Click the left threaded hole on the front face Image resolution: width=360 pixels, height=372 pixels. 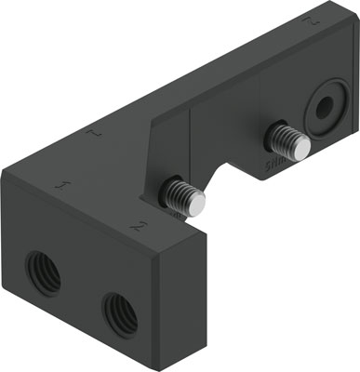point(42,272)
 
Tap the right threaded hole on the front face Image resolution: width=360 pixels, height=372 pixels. point(120,313)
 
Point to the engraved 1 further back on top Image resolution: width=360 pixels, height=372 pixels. point(94,137)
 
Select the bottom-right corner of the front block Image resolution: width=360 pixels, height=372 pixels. point(167,365)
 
